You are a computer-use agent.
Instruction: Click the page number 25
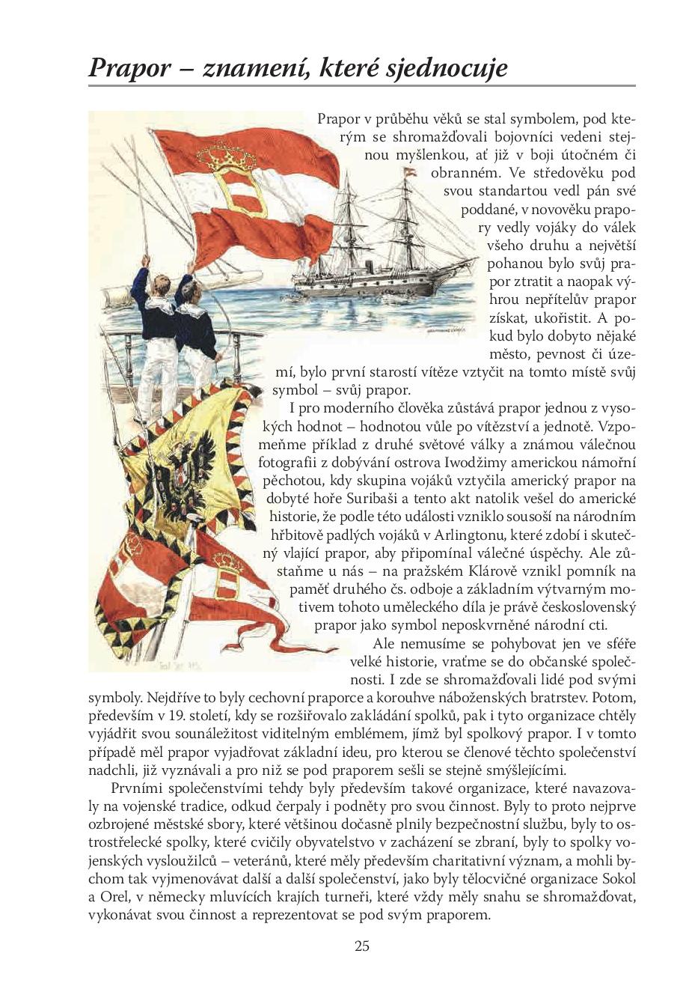coord(362,946)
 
